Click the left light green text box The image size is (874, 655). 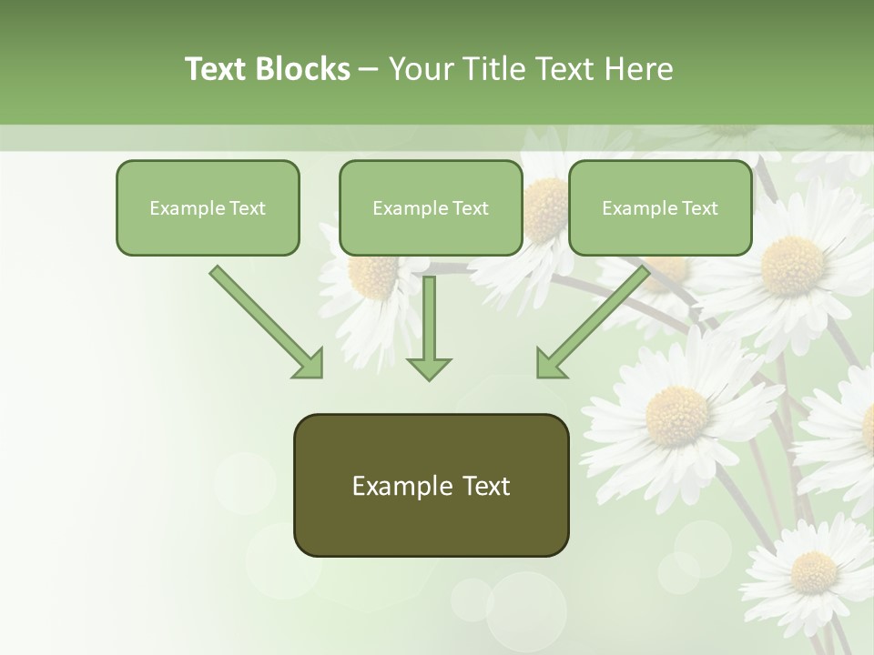coord(208,207)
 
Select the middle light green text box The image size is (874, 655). coord(431,207)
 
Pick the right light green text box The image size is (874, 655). coord(660,207)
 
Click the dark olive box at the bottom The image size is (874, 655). coord(431,485)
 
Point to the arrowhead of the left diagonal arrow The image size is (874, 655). coord(310,365)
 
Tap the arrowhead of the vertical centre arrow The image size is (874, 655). coord(429,368)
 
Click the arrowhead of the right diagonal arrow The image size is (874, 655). coord(550,365)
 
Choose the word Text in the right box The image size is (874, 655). coord(700,208)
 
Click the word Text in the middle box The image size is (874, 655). coord(471,208)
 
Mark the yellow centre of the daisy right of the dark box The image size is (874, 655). coord(676,416)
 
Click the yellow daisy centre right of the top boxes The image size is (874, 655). coord(792,266)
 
